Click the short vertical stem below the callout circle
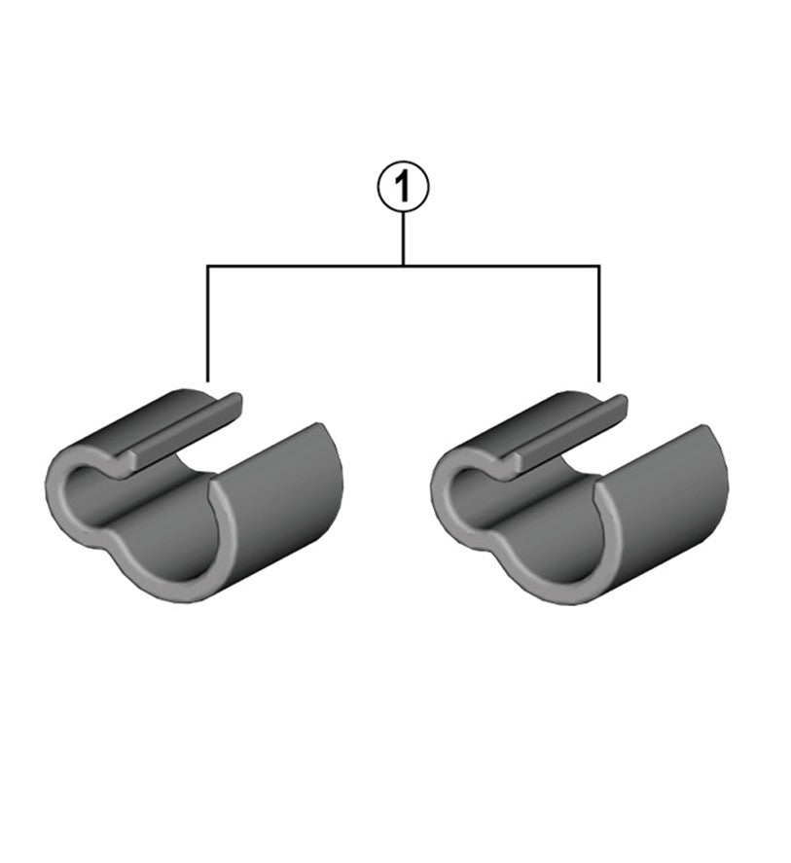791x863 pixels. pos(402,239)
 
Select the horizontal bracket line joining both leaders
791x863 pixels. pos(302,265)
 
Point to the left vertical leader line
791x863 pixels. pos(207,321)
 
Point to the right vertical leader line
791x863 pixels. pos(598,321)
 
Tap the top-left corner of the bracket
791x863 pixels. pos(207,265)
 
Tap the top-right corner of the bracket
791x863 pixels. pos(598,265)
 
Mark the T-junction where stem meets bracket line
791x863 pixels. pos(402,265)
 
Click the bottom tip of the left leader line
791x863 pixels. pos(207,379)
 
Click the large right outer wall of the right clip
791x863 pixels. pos(671,506)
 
